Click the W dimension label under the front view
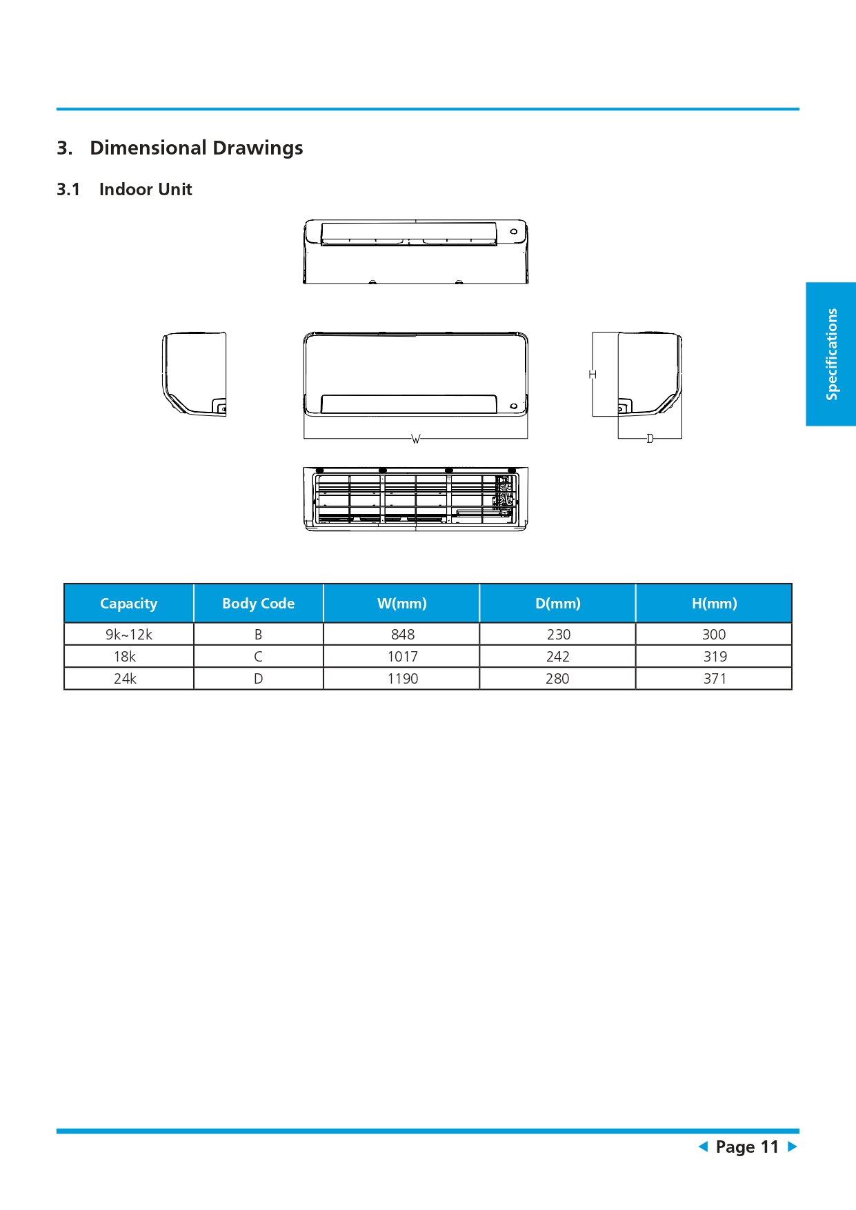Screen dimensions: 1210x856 415,439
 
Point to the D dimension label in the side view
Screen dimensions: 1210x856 650,439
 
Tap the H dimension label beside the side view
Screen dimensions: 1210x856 593,374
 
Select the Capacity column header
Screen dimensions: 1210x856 129,604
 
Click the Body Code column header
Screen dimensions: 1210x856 258,604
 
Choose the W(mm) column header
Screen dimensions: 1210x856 401,604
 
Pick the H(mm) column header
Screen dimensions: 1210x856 714,604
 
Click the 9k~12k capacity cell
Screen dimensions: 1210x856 129,635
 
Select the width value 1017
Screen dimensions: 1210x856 402,657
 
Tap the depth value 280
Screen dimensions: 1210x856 557,679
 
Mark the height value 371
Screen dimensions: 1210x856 715,679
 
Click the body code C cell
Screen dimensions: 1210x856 258,657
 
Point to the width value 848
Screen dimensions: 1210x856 403,635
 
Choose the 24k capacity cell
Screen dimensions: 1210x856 125,679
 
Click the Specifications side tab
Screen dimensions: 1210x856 831,354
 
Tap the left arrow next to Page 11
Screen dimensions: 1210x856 703,1147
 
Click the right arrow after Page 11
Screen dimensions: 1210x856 793,1147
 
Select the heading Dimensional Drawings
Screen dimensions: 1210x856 196,148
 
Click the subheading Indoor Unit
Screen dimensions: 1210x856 145,190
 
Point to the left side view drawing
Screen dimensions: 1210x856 195,374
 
